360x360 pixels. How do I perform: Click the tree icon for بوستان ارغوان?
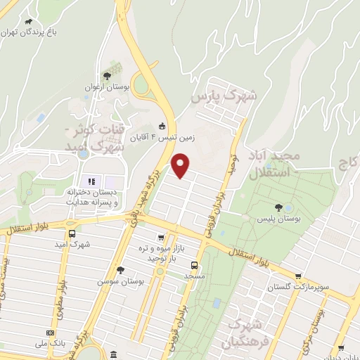point(106,76)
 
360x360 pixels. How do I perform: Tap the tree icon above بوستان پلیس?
point(279,207)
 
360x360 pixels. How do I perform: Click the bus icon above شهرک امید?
point(72,234)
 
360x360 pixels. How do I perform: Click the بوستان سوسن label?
point(120,281)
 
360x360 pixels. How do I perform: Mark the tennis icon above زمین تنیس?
point(163,127)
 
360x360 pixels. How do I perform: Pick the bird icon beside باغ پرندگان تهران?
point(67,22)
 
